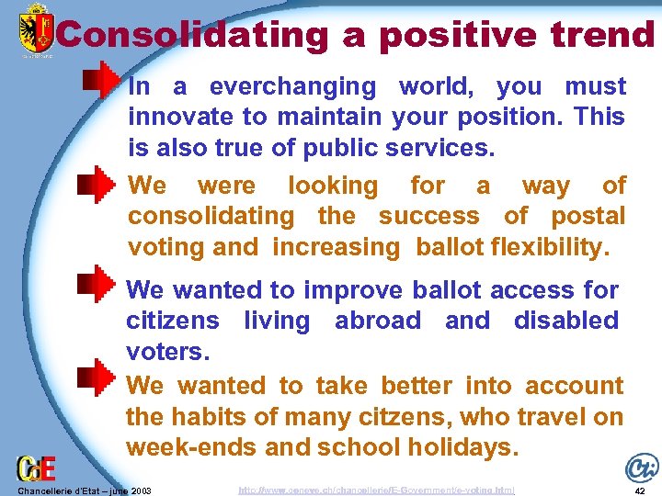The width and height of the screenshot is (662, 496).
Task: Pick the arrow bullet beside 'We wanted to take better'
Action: [98, 376]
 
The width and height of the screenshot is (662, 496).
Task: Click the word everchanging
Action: [292, 87]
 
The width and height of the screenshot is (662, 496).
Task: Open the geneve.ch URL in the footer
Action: [376, 490]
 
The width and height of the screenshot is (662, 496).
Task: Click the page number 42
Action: [639, 490]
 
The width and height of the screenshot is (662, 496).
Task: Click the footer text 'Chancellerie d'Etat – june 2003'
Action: [77, 490]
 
